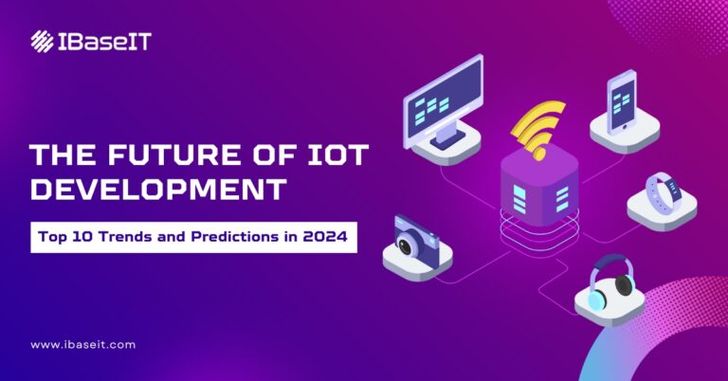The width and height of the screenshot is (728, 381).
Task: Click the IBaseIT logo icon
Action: (42, 41)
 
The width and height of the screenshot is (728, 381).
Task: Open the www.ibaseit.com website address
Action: (82, 345)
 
